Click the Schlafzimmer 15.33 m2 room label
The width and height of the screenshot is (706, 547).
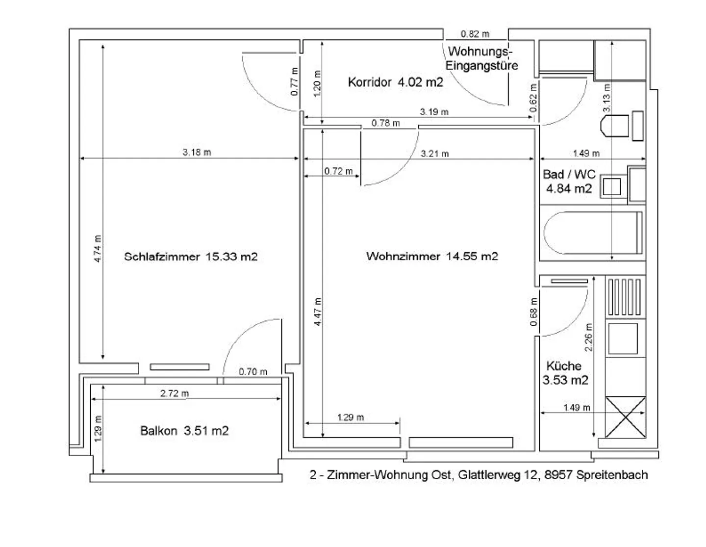click(190, 257)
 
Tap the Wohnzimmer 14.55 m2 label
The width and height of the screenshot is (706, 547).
click(432, 256)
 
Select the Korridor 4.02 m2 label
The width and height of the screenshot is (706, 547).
click(395, 82)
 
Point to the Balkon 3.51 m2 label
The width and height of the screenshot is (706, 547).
click(184, 431)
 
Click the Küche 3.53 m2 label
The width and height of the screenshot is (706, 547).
click(565, 373)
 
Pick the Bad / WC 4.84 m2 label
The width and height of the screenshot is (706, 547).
click(569, 182)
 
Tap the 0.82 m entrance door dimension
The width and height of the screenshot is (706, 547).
click(475, 34)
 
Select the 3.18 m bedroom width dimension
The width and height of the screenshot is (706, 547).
click(197, 152)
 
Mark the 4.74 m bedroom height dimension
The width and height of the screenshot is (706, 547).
click(98, 249)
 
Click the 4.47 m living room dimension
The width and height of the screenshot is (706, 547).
click(318, 312)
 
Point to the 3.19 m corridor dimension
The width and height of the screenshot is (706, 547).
click(434, 112)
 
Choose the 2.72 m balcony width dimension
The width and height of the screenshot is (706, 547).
click(175, 393)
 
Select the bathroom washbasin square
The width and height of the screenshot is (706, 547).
click(611, 186)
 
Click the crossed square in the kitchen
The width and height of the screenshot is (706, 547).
click(625, 417)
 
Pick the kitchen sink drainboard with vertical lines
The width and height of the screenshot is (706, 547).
click(624, 297)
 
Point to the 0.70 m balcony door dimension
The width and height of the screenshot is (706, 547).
click(253, 372)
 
